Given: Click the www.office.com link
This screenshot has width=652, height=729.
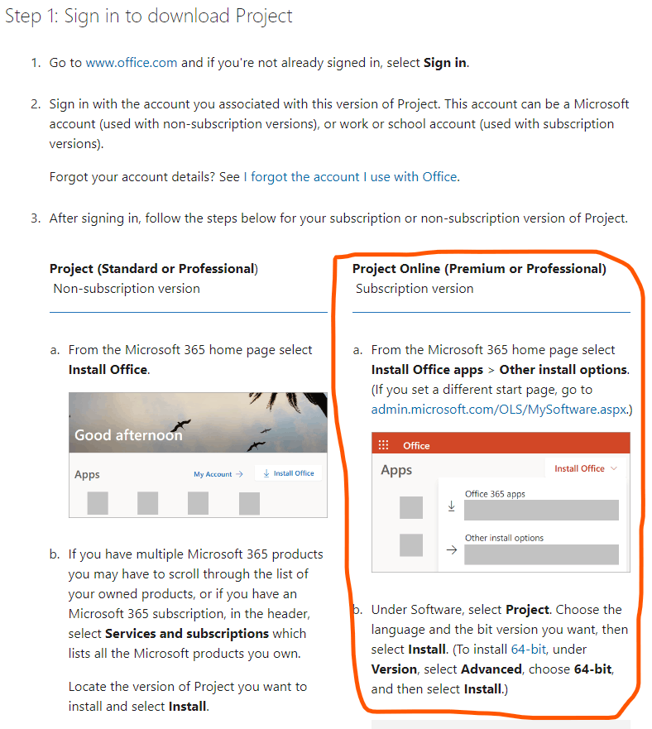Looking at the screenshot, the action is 132,63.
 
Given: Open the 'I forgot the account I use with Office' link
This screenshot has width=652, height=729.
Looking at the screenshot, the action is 351,177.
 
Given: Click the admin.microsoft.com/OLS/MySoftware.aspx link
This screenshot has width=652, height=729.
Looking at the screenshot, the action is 500,410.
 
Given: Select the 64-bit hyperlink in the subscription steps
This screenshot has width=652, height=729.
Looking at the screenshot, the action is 529,649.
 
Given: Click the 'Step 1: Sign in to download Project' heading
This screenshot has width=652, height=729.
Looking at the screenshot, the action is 149,17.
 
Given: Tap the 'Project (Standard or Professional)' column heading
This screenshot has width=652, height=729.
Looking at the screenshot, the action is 154,269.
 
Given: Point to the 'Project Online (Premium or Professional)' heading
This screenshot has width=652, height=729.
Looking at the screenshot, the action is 479,269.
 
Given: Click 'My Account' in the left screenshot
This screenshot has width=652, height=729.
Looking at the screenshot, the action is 213,474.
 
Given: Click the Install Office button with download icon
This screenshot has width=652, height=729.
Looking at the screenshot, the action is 288,473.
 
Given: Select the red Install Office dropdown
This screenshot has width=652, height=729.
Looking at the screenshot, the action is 586,468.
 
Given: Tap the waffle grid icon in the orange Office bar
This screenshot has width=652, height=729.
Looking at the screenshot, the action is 383,445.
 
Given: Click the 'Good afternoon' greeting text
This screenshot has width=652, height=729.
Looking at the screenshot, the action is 128,435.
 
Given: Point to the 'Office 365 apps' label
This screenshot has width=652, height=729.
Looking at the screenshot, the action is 495,494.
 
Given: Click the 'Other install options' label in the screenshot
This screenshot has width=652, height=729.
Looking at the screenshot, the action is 504,538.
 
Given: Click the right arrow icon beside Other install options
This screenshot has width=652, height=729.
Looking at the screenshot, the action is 452,550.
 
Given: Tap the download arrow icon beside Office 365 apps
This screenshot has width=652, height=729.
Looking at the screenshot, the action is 451,506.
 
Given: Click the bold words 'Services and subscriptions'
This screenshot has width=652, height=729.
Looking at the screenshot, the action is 187,634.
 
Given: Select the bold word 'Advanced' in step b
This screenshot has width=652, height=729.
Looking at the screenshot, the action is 491,669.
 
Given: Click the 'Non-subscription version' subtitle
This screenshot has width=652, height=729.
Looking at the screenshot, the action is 127,289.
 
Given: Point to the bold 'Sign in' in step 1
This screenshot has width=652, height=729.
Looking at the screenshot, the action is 445,63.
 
